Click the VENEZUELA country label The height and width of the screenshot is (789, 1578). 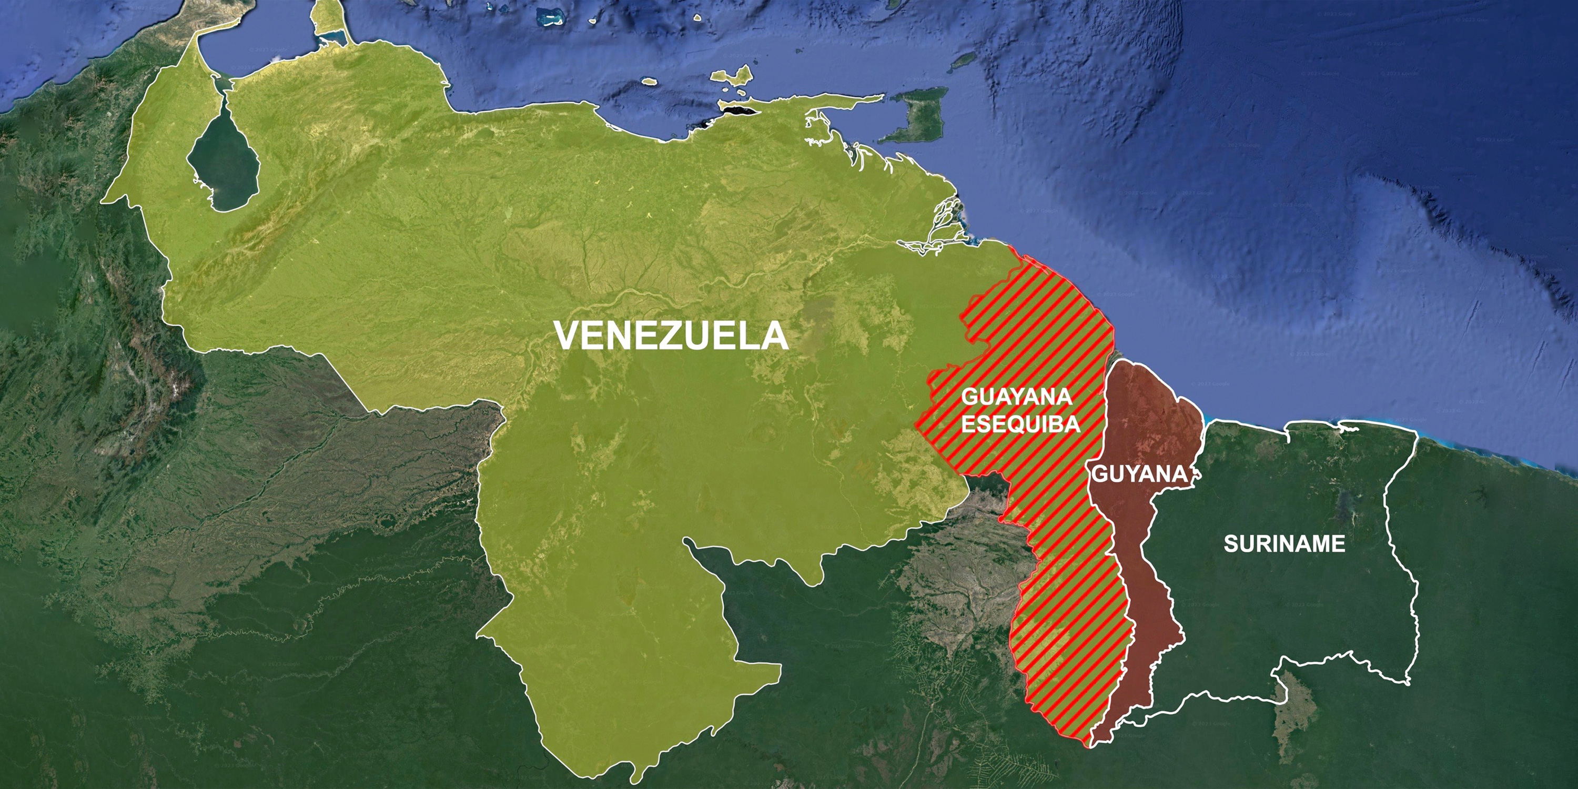tap(671, 336)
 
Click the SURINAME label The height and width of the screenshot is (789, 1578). tap(1284, 543)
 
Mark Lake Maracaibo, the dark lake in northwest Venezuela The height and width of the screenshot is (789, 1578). tap(223, 163)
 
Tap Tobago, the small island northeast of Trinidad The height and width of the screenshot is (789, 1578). tap(966, 60)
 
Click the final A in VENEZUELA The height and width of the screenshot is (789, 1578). tap(775, 336)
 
